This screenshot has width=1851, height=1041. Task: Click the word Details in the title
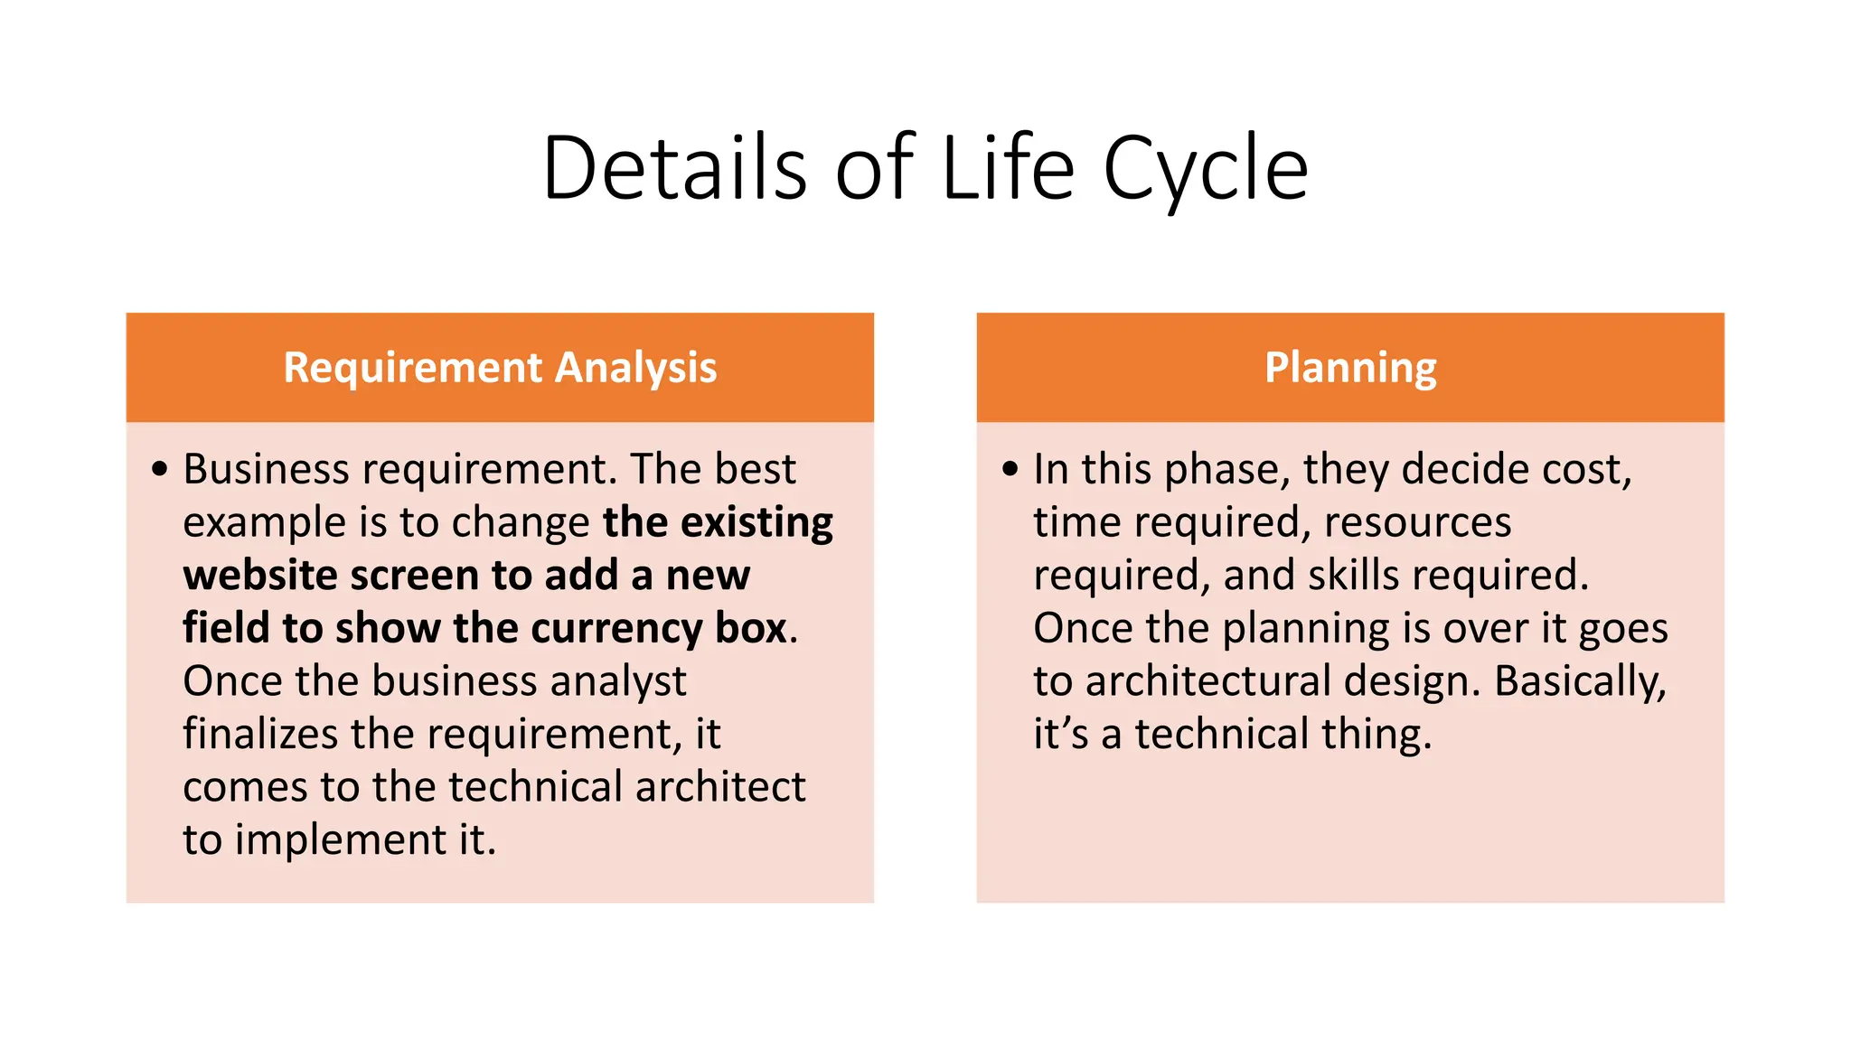[x=673, y=168]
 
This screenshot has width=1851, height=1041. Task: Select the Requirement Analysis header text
[x=500, y=368]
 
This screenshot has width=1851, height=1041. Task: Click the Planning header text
[x=1350, y=368]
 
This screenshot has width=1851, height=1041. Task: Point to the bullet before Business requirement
[x=160, y=469]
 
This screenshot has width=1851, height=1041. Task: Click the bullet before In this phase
[x=1010, y=469]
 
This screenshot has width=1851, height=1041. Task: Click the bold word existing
[x=756, y=522]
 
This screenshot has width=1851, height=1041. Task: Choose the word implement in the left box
[x=341, y=840]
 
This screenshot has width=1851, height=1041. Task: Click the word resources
[x=1417, y=522]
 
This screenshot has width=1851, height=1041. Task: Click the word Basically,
[x=1580, y=681]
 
